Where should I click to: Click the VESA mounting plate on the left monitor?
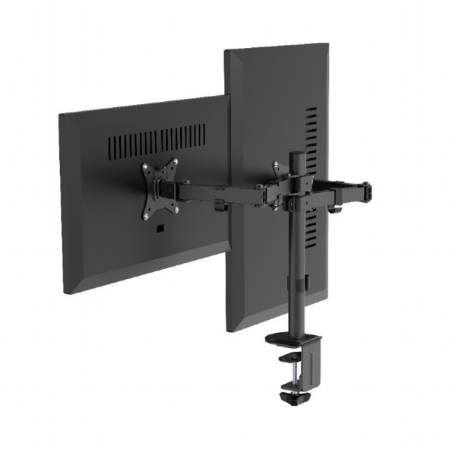point(160,188)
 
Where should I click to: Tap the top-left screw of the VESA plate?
point(147,166)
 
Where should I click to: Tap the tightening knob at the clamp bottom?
point(290,397)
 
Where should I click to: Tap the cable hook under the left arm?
point(221,205)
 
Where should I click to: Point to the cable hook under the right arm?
point(334,207)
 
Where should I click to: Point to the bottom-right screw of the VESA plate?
point(176,209)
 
